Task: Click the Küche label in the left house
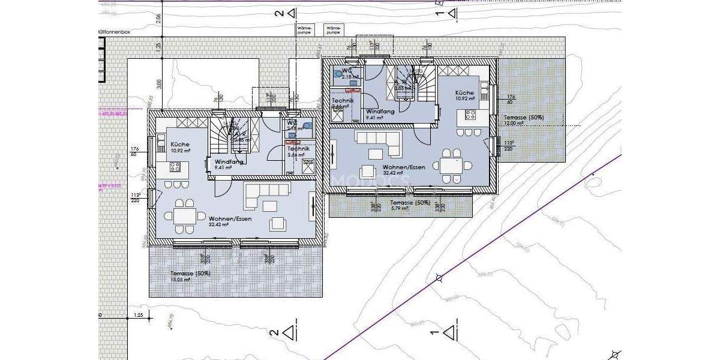click(180, 145)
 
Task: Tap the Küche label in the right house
click(464, 93)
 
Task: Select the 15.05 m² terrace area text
click(179, 280)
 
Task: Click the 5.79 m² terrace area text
click(401, 208)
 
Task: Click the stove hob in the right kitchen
click(469, 115)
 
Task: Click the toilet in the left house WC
click(308, 126)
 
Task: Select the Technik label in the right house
click(342, 101)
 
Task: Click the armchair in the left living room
click(278, 223)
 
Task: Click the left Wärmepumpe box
click(305, 29)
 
